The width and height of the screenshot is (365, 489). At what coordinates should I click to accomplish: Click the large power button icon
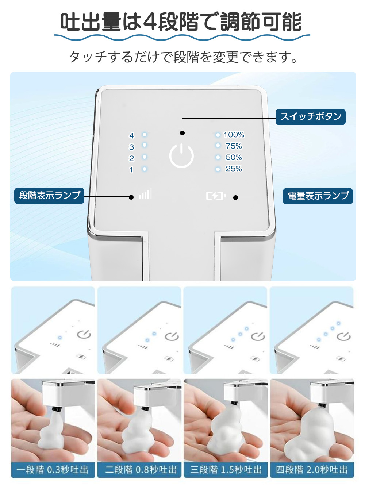(181, 156)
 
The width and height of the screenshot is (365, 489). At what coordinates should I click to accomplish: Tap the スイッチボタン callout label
(311, 117)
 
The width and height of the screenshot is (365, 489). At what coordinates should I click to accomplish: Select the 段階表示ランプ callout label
(50, 196)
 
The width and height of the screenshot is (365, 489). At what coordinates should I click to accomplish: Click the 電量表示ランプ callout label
(318, 196)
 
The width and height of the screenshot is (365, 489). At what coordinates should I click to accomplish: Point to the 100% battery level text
(234, 135)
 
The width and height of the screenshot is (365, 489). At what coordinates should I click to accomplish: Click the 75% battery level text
(234, 146)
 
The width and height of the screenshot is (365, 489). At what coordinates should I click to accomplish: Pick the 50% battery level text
(234, 157)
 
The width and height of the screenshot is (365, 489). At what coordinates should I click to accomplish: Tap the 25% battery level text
(234, 169)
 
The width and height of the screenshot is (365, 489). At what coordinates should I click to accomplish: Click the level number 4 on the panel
(131, 136)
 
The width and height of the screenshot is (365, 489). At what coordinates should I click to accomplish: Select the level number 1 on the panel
(131, 170)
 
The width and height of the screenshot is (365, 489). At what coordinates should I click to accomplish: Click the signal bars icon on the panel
(145, 194)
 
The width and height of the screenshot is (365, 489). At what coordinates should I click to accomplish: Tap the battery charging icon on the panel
(216, 196)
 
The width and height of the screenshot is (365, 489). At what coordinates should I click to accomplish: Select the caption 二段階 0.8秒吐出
(140, 470)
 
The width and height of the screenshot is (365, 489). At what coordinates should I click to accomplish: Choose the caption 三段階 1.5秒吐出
(226, 470)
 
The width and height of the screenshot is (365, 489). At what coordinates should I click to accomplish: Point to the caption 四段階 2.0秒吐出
(312, 470)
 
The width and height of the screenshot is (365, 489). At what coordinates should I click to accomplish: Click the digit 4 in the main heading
(150, 22)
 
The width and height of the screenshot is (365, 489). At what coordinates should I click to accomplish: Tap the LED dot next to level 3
(145, 145)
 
